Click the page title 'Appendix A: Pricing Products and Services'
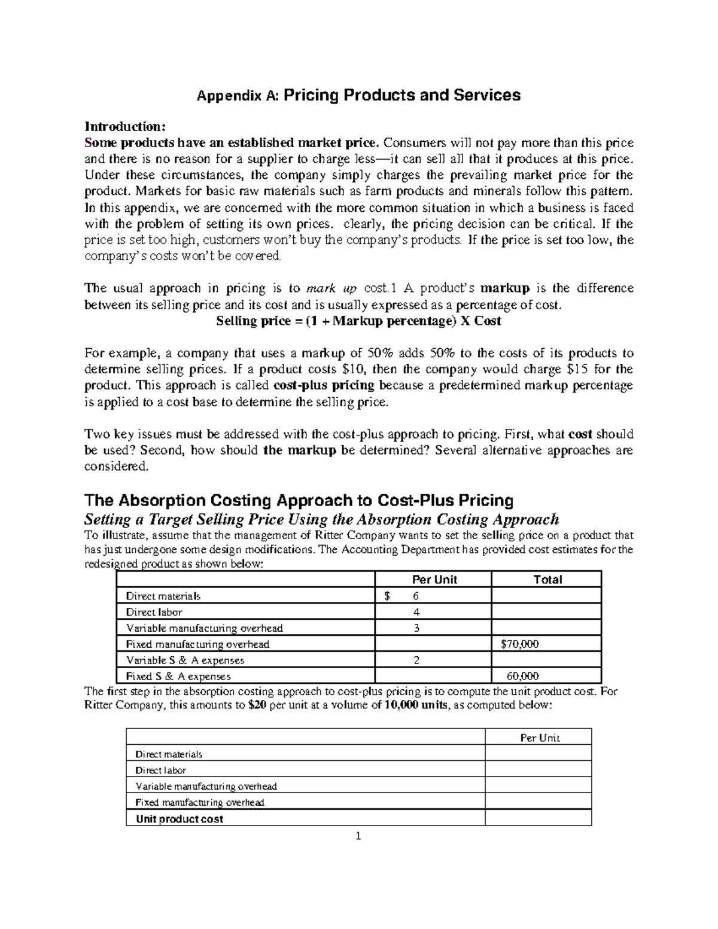point(359,95)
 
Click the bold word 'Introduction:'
point(124,126)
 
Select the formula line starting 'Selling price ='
point(358,321)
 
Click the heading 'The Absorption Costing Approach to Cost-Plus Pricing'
point(299,500)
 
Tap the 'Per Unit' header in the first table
point(434,579)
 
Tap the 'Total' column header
point(547,579)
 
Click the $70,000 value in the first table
point(519,644)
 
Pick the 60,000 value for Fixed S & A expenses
point(522,677)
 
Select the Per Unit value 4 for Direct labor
point(416,612)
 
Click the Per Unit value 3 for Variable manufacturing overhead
point(416,628)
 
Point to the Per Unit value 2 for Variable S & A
point(416,660)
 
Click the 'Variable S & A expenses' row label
point(185,660)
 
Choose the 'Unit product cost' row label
point(180,819)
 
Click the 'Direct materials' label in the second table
point(169,754)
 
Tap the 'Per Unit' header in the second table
point(540,738)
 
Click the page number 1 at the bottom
point(358,836)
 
